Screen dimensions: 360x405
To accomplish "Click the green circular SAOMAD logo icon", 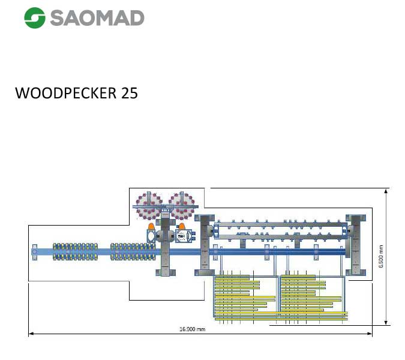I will [35, 17].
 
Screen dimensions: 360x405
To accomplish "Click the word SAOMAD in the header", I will [97, 17].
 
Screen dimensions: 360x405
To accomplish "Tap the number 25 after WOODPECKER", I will [128, 94].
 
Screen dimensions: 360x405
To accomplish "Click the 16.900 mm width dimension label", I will [193, 329].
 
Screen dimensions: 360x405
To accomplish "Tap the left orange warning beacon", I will [151, 227].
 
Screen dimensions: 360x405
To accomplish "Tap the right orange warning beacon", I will [182, 227].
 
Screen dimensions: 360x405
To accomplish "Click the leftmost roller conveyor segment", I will [76, 252].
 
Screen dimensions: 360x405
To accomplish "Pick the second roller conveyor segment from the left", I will [133, 252].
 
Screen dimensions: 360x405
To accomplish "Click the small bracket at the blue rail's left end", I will [35, 252].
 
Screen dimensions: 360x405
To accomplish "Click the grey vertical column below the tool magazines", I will [166, 247].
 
